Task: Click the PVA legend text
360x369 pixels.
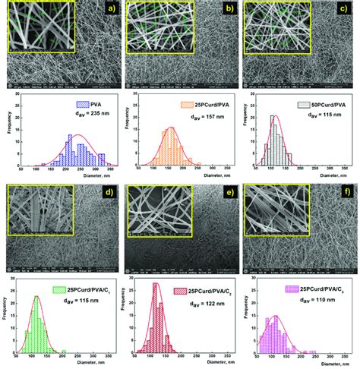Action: pos(91,104)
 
